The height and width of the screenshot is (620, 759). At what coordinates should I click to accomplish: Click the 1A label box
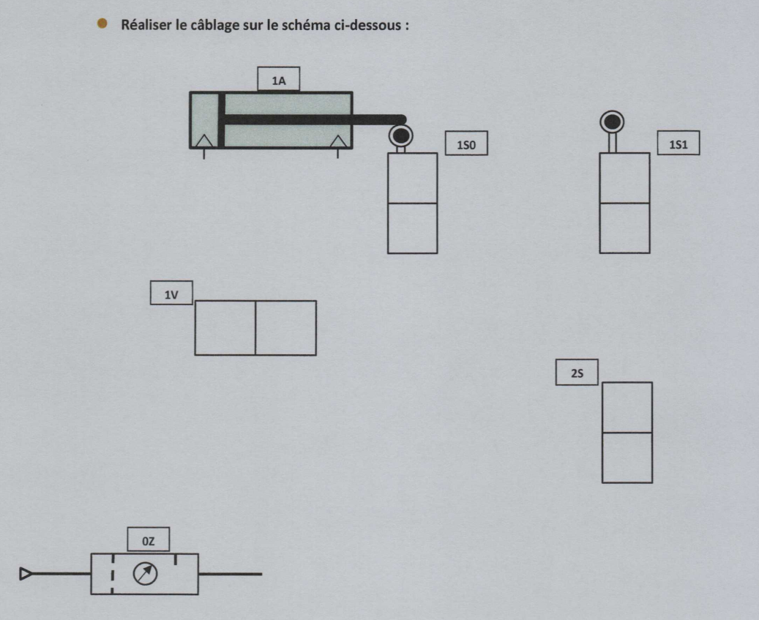pos(278,79)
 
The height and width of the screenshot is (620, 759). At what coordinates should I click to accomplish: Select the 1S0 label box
pos(466,143)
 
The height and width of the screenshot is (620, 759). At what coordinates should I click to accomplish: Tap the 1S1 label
pos(678,143)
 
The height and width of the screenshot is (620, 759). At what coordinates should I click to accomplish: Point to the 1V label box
pos(171,293)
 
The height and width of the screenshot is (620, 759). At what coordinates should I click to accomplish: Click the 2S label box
pos(577,372)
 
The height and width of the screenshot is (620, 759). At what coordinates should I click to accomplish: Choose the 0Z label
pos(148,539)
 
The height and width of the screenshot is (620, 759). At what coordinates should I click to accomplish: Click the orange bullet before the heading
pos(102,23)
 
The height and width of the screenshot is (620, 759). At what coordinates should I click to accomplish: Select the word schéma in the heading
pos(307,25)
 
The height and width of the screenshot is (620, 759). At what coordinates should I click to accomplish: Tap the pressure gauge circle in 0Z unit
pos(145,573)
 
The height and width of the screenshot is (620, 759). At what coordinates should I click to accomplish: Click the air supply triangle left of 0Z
pos(26,574)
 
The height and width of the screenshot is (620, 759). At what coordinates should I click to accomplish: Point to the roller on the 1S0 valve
pos(401,136)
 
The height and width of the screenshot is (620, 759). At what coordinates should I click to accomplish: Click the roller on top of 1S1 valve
pos(612,122)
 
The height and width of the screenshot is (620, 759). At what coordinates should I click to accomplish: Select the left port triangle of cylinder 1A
pos(203,141)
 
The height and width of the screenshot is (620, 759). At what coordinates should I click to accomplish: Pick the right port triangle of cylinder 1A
pos(338,141)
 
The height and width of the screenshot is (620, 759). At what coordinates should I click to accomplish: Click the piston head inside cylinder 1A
pos(221,119)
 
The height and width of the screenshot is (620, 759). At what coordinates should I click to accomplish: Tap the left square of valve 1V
pos(225,328)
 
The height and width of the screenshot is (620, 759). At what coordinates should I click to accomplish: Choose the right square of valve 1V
pos(286,328)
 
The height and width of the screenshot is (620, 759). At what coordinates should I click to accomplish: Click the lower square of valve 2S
pos(627,457)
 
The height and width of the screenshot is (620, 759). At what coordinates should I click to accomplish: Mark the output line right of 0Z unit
pos(231,574)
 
